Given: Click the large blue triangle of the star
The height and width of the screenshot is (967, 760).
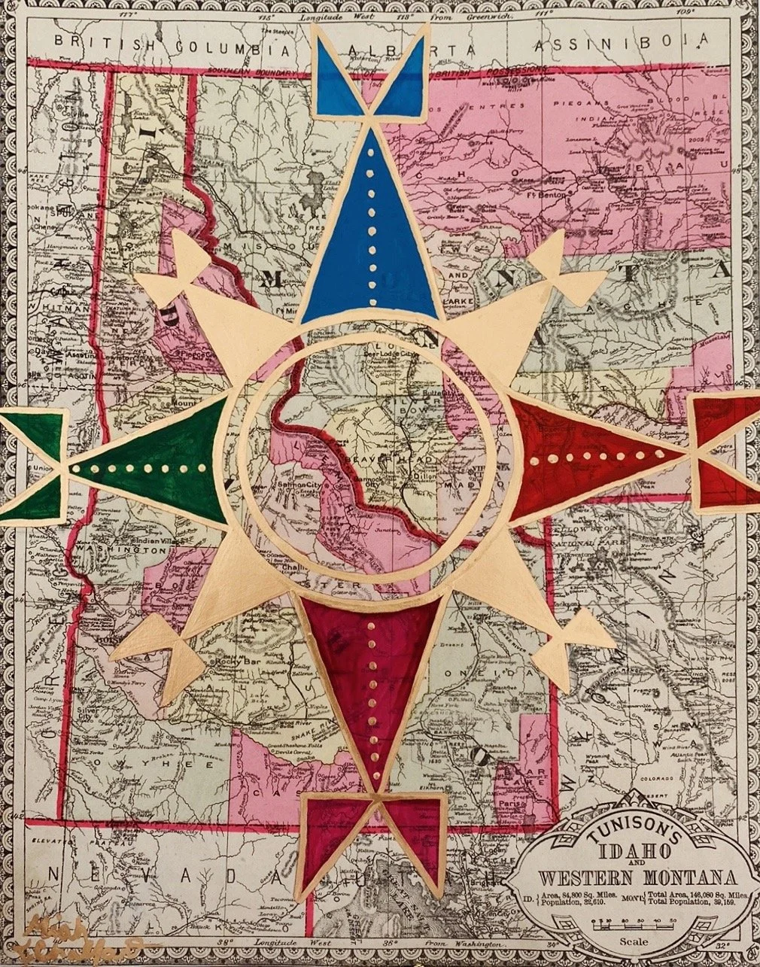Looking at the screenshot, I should (x=369, y=241).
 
